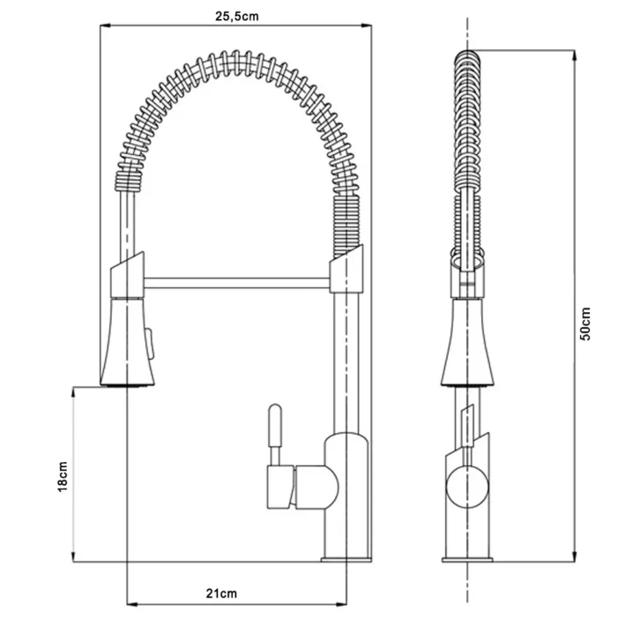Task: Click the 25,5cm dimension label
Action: [x=237, y=16]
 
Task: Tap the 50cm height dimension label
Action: [x=585, y=323]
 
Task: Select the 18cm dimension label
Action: [x=63, y=477]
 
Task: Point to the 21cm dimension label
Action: [x=221, y=593]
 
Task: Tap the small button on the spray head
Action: [x=150, y=343]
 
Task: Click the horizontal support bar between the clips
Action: [x=236, y=283]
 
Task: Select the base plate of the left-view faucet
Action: [x=346, y=559]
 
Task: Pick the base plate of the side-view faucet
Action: [x=467, y=560]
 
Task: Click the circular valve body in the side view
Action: [x=467, y=487]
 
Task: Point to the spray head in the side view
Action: [x=467, y=342]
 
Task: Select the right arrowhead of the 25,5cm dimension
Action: [x=367, y=26]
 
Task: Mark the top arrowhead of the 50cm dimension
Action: [x=575, y=55]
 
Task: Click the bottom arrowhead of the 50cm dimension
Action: [x=575, y=556]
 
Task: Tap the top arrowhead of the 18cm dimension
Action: [x=73, y=392]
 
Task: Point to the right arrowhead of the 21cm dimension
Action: [x=342, y=605]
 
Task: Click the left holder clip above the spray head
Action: [x=127, y=274]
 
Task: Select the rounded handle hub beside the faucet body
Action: [x=316, y=487]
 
